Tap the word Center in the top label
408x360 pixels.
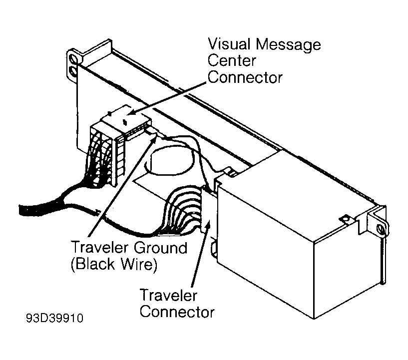tap(232, 61)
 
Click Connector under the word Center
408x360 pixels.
tap(245, 78)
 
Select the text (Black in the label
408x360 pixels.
tap(93, 264)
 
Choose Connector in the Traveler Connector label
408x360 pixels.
tap(177, 312)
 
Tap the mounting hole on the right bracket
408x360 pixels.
tap(381, 229)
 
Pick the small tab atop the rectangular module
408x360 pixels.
tap(344, 218)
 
